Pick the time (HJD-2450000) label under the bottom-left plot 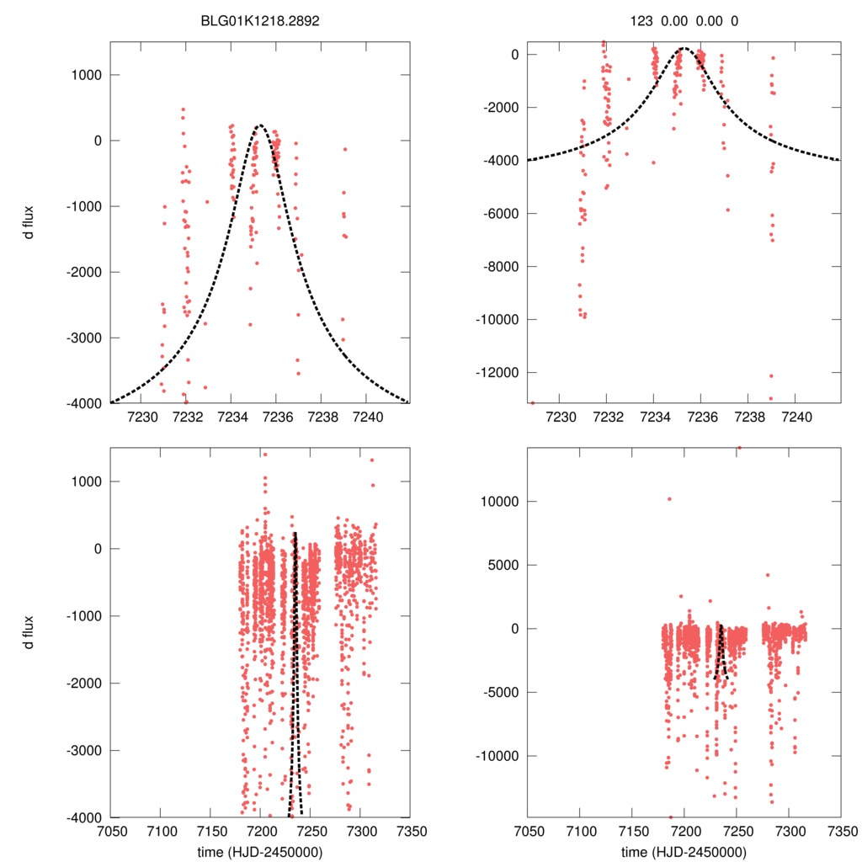tap(260, 852)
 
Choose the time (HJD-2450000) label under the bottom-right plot tap(684, 852)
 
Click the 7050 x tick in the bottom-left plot tap(109, 832)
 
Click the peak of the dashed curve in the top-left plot tap(260, 126)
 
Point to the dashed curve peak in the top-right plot tap(684, 49)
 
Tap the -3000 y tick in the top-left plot tap(82, 338)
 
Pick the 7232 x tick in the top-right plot tap(606, 417)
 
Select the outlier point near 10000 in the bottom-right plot tap(669, 499)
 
